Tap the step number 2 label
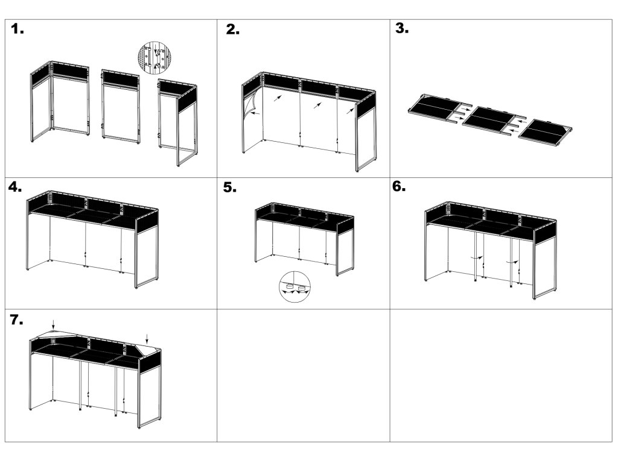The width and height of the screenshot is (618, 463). point(232,30)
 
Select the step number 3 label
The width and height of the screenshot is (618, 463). point(402,28)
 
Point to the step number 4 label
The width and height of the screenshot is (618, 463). point(17,187)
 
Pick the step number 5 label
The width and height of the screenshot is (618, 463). point(230,188)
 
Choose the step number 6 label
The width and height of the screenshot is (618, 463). point(400,186)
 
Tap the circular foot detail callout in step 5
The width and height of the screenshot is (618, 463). point(295,286)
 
